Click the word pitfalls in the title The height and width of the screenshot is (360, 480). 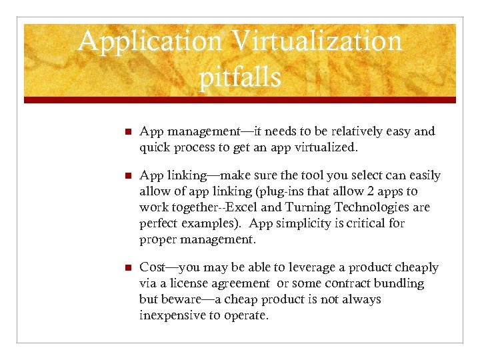click(240, 78)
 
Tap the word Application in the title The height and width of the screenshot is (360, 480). click(150, 41)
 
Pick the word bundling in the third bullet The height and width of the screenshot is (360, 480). click(398, 284)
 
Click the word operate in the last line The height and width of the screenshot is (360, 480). click(245, 315)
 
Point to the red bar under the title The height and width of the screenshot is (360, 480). click(240, 100)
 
